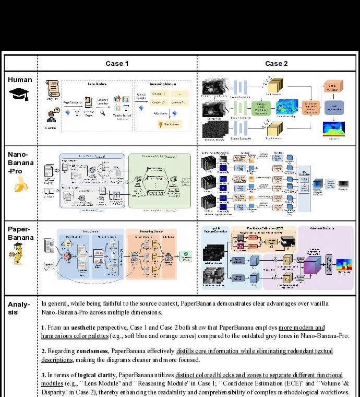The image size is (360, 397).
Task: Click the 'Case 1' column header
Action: pos(117,63)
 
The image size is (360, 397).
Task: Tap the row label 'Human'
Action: pos(20,80)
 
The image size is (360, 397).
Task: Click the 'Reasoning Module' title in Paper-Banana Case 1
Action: pos(151,231)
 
